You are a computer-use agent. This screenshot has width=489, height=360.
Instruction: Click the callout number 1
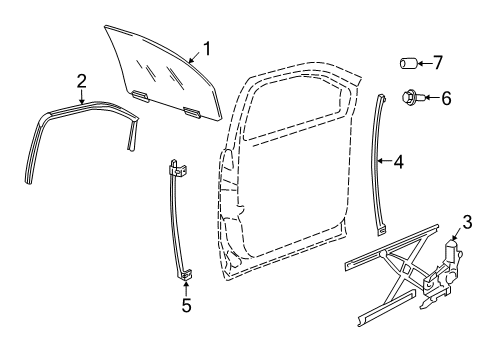pyautogui.click(x=207, y=47)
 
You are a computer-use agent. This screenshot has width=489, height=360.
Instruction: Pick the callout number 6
pyautogui.click(x=447, y=98)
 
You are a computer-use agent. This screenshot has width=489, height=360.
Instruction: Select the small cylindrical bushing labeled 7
pyautogui.click(x=409, y=65)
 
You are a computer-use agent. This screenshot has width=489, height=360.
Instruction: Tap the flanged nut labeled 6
pyautogui.click(x=412, y=98)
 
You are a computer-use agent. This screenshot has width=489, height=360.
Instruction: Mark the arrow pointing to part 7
pyautogui.click(x=428, y=65)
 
